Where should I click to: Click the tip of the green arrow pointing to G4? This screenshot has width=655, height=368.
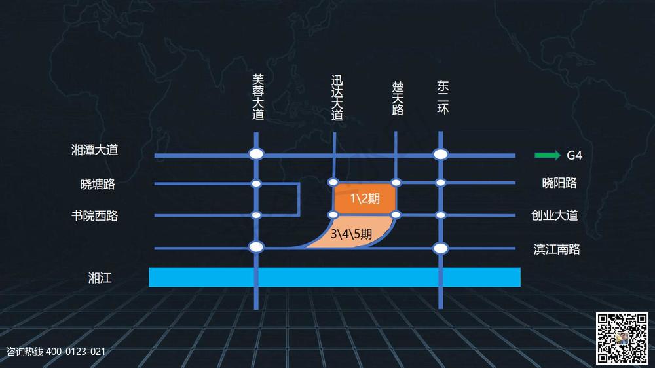(561, 155)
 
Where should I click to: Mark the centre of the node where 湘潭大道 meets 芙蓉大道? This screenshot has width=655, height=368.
(256, 154)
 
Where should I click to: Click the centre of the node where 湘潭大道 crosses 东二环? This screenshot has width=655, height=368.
(440, 155)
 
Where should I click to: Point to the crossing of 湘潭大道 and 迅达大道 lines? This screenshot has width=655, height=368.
(334, 155)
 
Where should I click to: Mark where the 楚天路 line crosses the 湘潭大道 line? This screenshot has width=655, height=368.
(396, 155)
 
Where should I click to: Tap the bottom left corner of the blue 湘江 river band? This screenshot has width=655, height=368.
(149, 287)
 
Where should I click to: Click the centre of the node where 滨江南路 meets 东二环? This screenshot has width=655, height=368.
(440, 249)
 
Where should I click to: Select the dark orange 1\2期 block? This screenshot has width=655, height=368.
(365, 198)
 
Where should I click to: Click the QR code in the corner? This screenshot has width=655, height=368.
(622, 339)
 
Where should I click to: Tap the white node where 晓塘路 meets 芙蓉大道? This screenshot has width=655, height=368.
(256, 184)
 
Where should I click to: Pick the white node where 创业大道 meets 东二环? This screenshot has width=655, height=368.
(440, 215)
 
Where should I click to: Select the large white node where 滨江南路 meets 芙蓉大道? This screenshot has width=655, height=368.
(256, 247)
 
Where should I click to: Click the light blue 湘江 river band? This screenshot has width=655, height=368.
(335, 278)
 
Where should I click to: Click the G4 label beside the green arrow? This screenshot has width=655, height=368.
(574, 155)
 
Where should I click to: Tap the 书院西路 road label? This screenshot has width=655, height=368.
(95, 215)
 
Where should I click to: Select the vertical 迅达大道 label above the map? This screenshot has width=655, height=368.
(337, 98)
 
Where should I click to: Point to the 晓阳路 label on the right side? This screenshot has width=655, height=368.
(559, 183)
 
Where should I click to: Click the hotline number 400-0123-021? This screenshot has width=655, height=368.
(75, 352)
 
